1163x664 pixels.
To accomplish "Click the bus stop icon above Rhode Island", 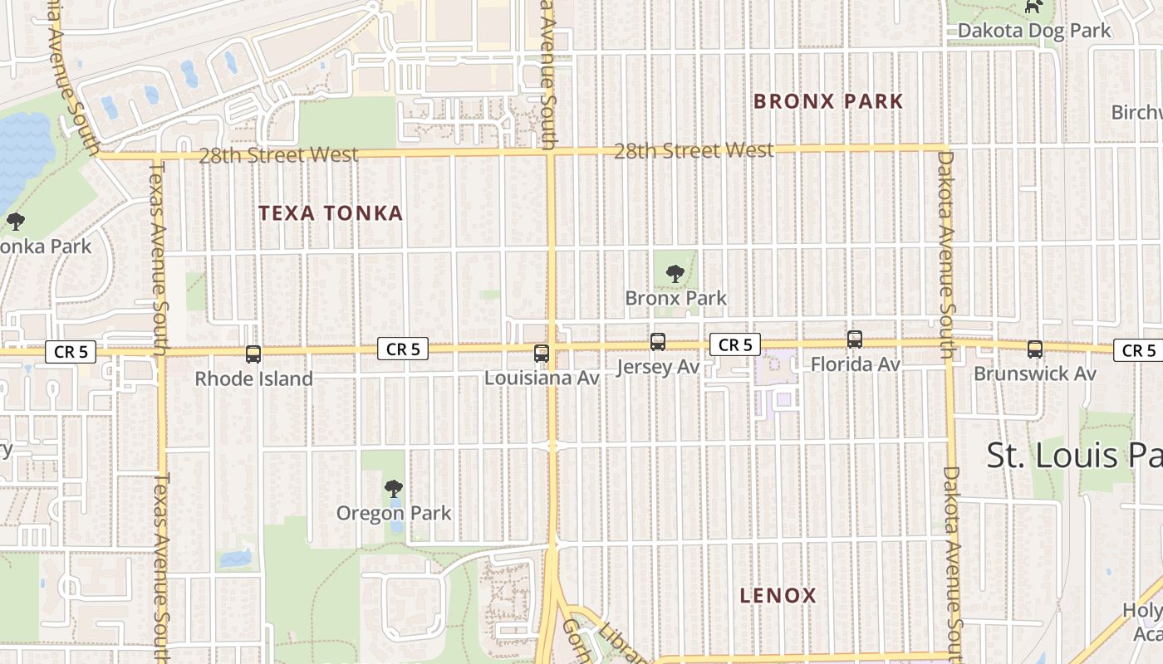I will pyautogui.click(x=253, y=354).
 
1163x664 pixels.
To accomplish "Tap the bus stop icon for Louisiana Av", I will pyautogui.click(x=542, y=354).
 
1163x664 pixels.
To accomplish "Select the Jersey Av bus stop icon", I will pyautogui.click(x=658, y=341).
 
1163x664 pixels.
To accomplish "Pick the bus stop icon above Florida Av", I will pyautogui.click(x=855, y=339).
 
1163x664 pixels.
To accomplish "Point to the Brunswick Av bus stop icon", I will pyautogui.click(x=1035, y=349).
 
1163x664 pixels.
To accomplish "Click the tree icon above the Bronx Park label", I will pyautogui.click(x=675, y=272).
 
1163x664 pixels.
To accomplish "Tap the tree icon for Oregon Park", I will pyautogui.click(x=394, y=489).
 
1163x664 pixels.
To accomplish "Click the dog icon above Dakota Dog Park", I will pyautogui.click(x=1033, y=7).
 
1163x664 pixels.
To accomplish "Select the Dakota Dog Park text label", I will pyautogui.click(x=1034, y=31).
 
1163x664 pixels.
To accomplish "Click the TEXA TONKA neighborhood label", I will pyautogui.click(x=331, y=213).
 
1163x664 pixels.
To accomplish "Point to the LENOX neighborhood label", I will pyautogui.click(x=778, y=595).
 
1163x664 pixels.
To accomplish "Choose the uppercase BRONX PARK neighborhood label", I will pyautogui.click(x=828, y=101).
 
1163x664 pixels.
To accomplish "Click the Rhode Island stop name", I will pyautogui.click(x=253, y=378).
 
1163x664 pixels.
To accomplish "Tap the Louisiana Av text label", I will pyautogui.click(x=542, y=378).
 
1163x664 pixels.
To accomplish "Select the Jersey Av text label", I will pyautogui.click(x=658, y=366).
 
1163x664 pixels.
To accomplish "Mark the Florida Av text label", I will pyautogui.click(x=855, y=364).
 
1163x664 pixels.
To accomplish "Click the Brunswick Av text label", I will pyautogui.click(x=1035, y=373).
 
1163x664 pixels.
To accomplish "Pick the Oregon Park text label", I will pyautogui.click(x=394, y=513).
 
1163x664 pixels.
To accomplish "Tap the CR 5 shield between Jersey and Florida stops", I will pyautogui.click(x=735, y=344).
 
